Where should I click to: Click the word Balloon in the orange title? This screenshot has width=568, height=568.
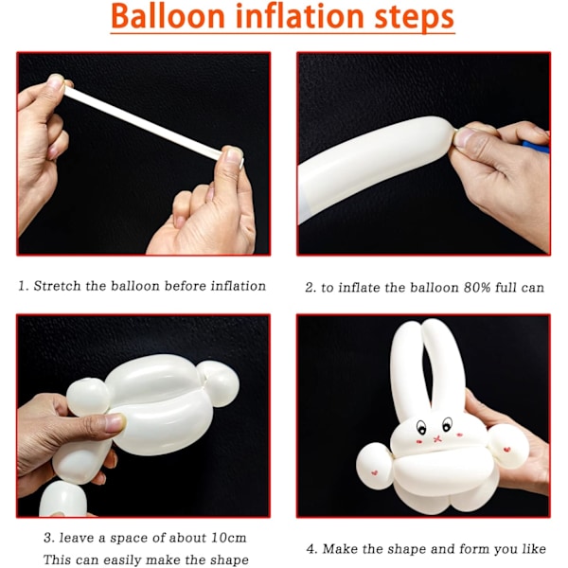[169, 16]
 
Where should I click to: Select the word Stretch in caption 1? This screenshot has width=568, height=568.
[57, 286]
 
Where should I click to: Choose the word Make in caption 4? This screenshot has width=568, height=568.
[340, 548]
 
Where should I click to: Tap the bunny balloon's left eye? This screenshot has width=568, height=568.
[421, 428]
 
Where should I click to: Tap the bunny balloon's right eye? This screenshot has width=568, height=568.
[448, 424]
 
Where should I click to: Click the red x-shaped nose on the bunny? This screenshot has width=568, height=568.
[437, 439]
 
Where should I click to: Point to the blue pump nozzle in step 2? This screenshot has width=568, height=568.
[536, 147]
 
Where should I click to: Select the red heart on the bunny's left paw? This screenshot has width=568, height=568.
[375, 472]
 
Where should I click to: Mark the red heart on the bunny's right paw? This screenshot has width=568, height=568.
[506, 450]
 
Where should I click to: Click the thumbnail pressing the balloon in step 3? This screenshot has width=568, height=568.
[115, 422]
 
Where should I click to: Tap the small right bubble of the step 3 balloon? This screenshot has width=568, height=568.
[219, 382]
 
